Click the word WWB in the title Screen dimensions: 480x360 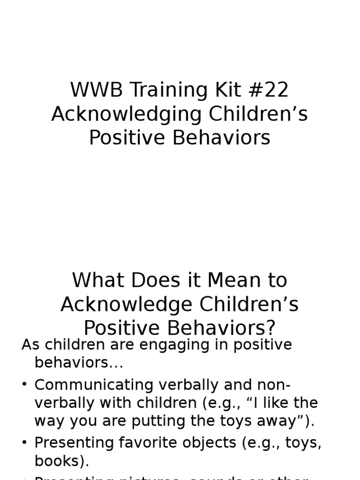tap(91, 90)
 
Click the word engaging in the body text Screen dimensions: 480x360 tap(168, 345)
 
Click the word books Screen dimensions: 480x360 tap(59, 461)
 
